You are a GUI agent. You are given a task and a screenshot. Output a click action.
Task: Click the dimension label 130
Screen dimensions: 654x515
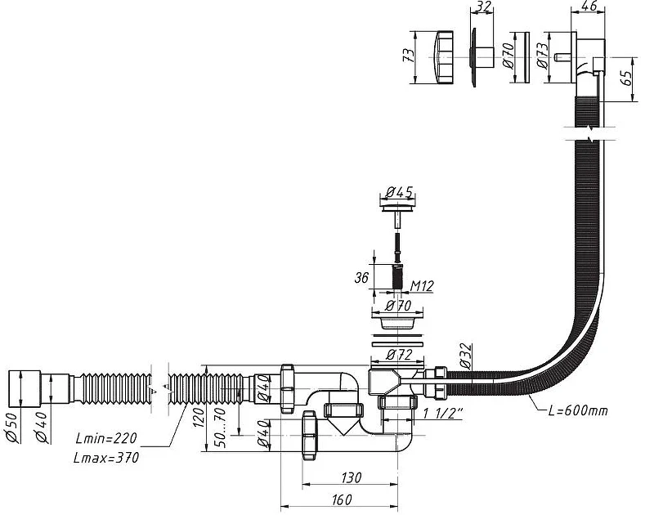351,477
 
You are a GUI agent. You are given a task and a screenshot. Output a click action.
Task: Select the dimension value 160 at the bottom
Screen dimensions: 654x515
342,499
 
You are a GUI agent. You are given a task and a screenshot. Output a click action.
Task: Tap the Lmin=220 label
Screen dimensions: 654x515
106,438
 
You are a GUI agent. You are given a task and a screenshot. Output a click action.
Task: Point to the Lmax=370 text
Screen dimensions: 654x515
106,458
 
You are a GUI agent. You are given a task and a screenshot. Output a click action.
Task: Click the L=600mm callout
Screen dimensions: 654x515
578,410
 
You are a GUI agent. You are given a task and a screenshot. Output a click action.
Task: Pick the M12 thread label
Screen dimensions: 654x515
422,286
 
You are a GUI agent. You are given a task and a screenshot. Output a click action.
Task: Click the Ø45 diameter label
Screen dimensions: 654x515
399,192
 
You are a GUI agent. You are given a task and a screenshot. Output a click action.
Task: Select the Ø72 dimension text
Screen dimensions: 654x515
399,355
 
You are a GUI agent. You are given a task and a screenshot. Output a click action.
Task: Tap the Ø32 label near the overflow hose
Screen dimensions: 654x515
465,356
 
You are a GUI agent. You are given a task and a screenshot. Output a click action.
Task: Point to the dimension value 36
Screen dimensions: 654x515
361,277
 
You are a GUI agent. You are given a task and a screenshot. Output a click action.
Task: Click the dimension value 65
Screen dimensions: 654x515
625,78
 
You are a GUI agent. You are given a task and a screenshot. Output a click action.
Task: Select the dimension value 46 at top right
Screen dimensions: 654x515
588,6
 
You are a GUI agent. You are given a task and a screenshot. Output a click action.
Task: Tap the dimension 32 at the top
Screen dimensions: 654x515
483,7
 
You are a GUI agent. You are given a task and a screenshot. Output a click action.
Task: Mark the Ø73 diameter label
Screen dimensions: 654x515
542,56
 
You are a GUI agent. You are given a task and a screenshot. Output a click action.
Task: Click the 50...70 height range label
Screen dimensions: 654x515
221,428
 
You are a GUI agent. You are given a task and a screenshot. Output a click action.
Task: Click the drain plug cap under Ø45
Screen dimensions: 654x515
399,208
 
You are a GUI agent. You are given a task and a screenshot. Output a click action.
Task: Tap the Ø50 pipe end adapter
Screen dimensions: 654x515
25,388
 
